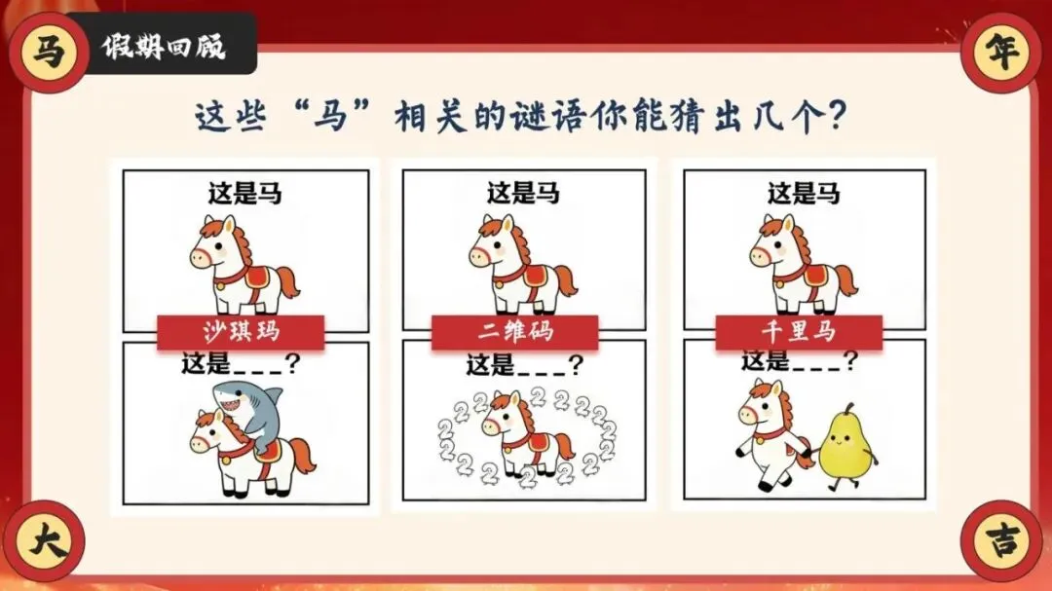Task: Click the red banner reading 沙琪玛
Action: click(x=241, y=331)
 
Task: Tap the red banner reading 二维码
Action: click(x=514, y=331)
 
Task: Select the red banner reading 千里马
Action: click(x=799, y=332)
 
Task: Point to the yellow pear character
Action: click(x=846, y=446)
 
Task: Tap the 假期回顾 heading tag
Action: click(x=163, y=44)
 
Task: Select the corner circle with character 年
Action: click(x=1001, y=52)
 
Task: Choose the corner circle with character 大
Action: click(x=46, y=540)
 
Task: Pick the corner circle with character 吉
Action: click(x=1001, y=540)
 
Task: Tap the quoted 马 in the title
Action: click(x=331, y=117)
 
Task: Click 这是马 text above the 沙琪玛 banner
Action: click(x=244, y=193)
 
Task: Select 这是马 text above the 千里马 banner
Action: click(x=804, y=193)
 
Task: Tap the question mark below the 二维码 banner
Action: click(x=575, y=365)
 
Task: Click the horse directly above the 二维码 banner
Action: click(x=523, y=264)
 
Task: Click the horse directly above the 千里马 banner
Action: click(x=803, y=264)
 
